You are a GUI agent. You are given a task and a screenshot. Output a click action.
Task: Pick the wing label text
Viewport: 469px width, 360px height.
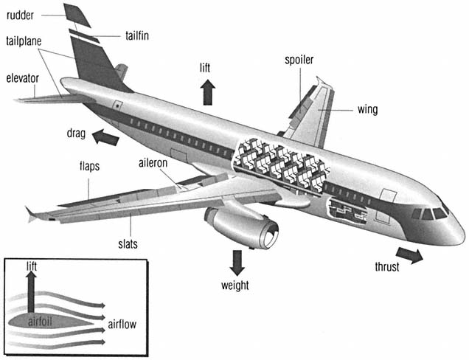click(367, 110)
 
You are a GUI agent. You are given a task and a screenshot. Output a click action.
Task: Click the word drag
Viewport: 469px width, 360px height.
click(76, 134)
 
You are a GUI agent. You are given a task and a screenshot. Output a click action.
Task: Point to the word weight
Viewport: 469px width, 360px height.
click(235, 285)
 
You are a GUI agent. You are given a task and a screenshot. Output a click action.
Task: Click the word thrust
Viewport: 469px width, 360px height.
click(386, 266)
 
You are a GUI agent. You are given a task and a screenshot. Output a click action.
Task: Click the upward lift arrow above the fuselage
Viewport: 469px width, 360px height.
click(207, 92)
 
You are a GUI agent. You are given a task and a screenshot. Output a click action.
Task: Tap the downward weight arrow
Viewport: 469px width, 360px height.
click(237, 262)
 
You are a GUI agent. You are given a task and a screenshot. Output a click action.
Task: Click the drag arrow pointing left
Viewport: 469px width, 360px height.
click(105, 136)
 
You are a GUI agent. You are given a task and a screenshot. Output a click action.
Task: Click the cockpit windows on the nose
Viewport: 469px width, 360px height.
click(431, 213)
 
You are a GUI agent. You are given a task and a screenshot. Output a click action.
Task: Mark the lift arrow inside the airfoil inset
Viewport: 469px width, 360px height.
click(31, 291)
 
